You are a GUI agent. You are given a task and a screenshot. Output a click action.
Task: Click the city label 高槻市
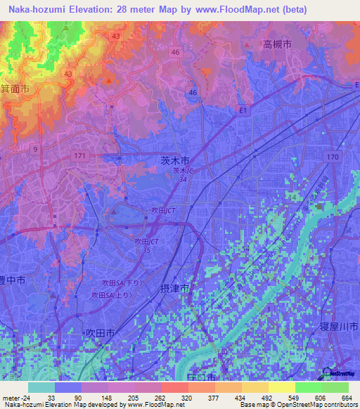(x=277, y=44)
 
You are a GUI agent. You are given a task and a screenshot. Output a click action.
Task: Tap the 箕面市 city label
(x=15, y=89)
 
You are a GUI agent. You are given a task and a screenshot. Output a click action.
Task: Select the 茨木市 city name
(x=175, y=161)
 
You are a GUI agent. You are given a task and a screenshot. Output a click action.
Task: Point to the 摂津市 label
(x=175, y=288)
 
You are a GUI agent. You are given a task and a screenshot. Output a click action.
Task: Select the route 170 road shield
(x=333, y=156)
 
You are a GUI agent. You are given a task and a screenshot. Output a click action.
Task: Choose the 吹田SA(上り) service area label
(x=108, y=295)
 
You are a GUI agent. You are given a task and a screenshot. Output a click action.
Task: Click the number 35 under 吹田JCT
(x=147, y=249)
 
